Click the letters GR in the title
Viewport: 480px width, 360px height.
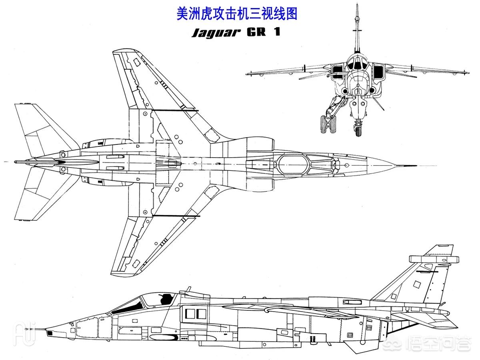[x=256, y=32]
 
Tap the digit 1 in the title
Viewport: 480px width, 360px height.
[x=277, y=32]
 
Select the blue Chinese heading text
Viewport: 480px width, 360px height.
[x=237, y=14]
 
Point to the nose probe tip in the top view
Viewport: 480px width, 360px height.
[x=416, y=166]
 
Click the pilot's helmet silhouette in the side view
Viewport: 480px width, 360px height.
[x=166, y=299]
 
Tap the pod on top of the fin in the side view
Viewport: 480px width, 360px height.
[x=434, y=259]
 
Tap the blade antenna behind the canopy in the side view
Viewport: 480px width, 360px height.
[x=188, y=289]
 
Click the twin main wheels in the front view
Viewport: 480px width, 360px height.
[x=328, y=124]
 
